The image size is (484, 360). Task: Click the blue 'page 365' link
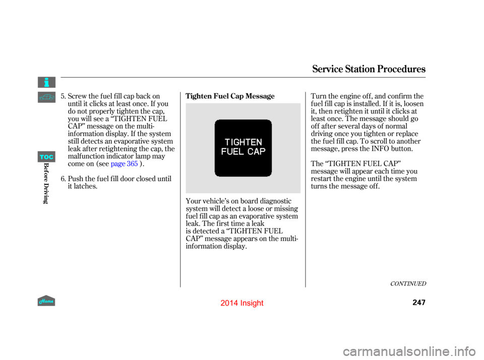[124, 164]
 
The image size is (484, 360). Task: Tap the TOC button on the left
[46, 157]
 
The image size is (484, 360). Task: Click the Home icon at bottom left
[46, 301]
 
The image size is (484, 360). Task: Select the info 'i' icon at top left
[46, 82]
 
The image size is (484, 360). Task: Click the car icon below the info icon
[46, 97]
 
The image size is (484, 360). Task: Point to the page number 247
[419, 303]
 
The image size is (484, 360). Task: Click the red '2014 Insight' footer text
[242, 303]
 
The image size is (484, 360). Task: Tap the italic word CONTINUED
[408, 284]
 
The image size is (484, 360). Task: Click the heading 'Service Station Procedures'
[369, 69]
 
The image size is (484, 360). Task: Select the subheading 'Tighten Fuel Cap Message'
[230, 96]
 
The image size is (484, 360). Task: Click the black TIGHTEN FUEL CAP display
[243, 148]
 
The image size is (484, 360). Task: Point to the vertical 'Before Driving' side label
[46, 183]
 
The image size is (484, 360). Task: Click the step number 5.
[63, 96]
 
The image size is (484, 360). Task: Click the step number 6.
[63, 179]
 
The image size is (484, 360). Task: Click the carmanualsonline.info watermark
[409, 351]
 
